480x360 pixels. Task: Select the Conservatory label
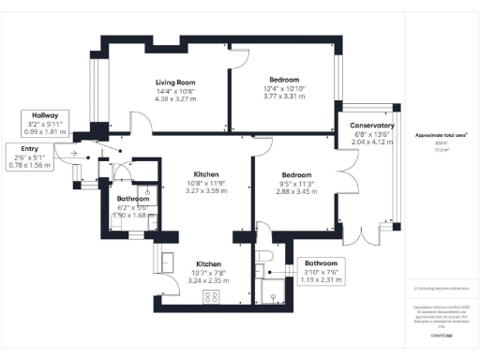tap(371, 126)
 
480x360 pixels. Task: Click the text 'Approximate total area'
tap(441, 135)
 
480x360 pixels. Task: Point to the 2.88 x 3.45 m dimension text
tap(281, 190)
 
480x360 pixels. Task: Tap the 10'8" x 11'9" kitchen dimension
tap(206, 184)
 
